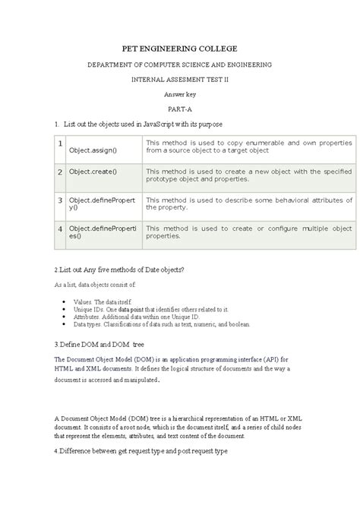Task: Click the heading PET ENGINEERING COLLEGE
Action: click(180, 46)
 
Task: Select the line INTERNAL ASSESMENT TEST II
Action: click(180, 79)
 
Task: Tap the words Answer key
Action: click(180, 94)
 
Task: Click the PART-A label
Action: click(180, 109)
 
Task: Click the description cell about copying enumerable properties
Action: click(248, 147)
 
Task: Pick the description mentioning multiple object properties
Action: click(248, 231)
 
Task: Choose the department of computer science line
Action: click(180, 65)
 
